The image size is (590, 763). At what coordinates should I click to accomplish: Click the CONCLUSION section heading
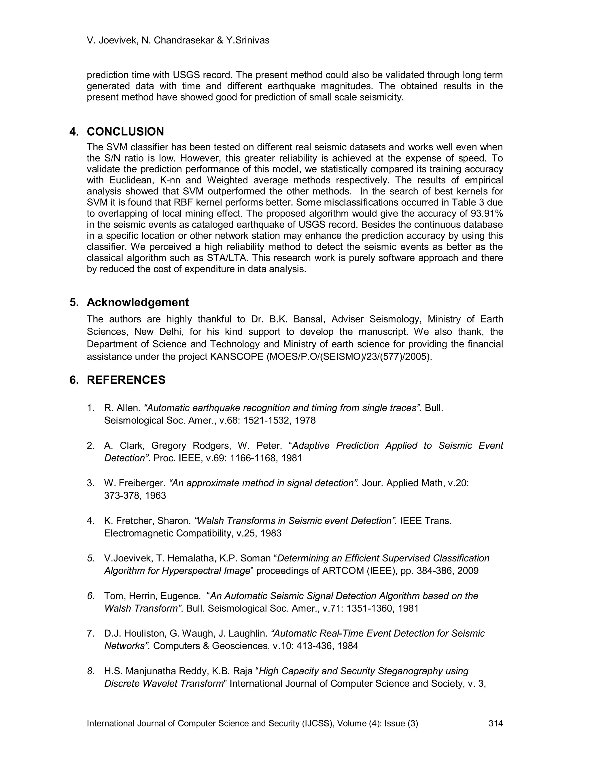pyautogui.click(x=125, y=132)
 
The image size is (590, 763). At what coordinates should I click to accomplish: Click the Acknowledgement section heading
pyautogui.click(x=137, y=302)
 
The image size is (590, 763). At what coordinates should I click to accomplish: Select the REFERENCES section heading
pyautogui.click(x=126, y=380)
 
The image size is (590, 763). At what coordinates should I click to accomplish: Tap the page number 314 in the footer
pyautogui.click(x=496, y=723)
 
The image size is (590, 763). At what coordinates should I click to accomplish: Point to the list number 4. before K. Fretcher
pyautogui.click(x=90, y=521)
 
